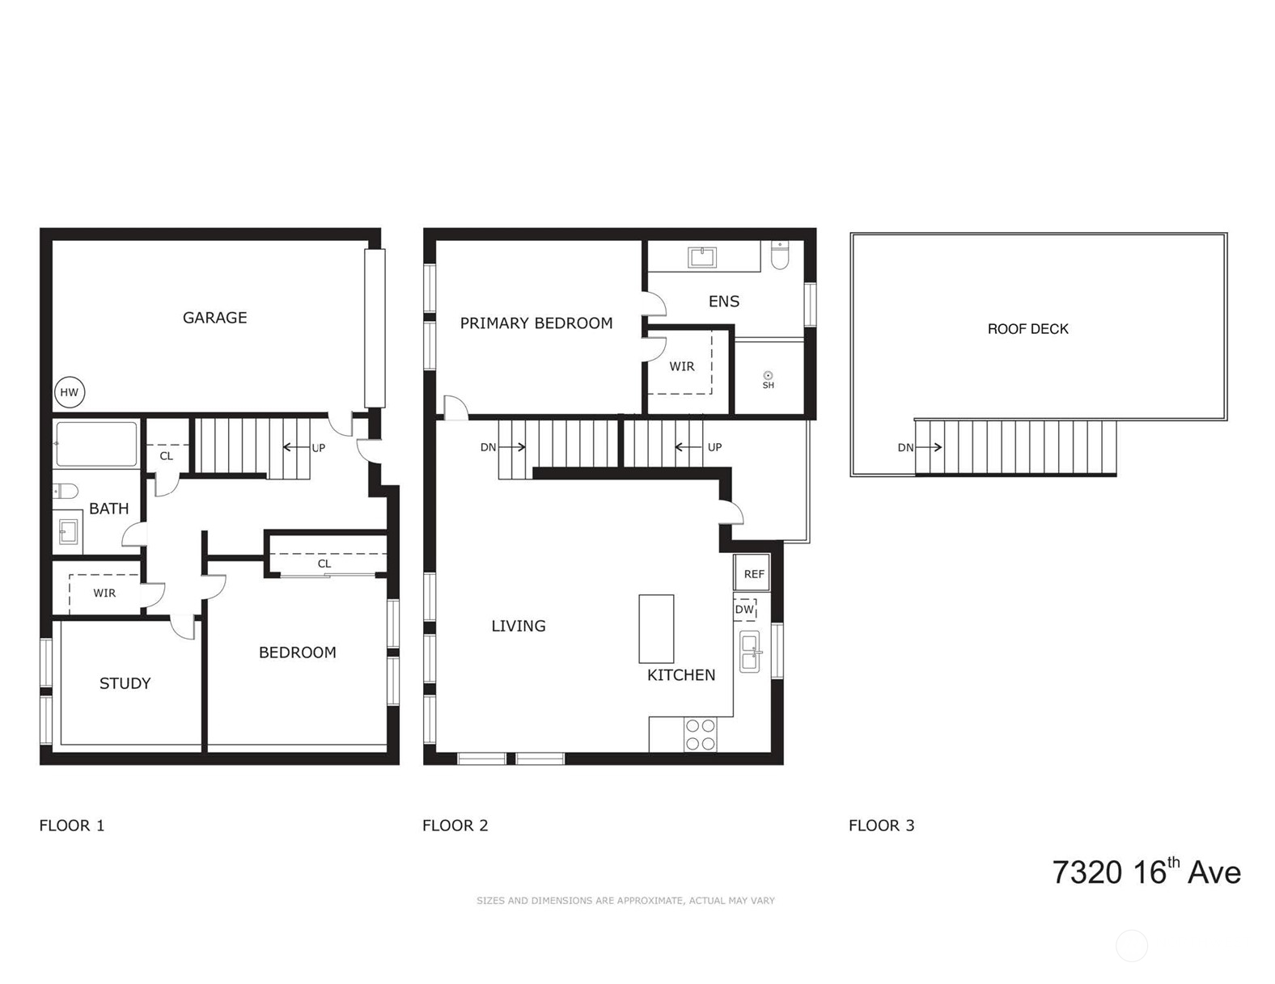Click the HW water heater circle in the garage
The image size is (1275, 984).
(x=70, y=393)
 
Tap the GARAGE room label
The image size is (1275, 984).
(x=214, y=318)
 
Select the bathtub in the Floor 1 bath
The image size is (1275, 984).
(x=96, y=444)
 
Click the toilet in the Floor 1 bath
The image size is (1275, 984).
(x=66, y=491)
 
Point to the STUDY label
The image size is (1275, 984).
(x=125, y=683)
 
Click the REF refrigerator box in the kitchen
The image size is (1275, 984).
(x=752, y=574)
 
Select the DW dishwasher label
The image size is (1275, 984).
(x=743, y=610)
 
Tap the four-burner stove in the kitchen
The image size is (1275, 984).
(x=700, y=734)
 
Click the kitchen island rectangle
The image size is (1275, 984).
(x=656, y=628)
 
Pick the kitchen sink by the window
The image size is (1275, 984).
(x=750, y=651)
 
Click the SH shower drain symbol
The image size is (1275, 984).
(x=768, y=376)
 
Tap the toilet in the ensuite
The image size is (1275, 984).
(x=780, y=256)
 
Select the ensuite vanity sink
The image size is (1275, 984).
(x=701, y=257)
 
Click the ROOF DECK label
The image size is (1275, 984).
(x=1027, y=329)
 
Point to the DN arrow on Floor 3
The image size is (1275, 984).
(x=930, y=447)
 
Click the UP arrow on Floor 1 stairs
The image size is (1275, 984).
(x=294, y=447)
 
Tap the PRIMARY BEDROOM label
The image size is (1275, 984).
(x=536, y=323)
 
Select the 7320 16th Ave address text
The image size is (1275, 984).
(x=1146, y=872)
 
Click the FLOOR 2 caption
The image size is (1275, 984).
(x=455, y=826)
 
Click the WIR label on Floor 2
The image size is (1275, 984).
(x=681, y=366)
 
